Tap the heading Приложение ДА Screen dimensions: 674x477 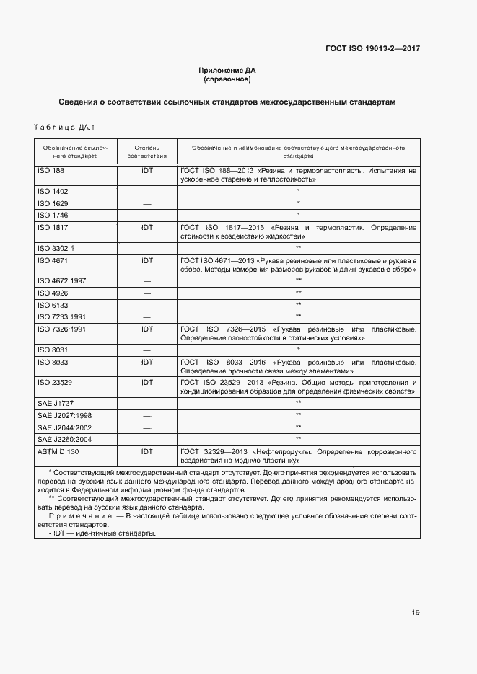pyautogui.click(x=227, y=70)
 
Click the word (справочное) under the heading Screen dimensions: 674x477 pyautogui.click(x=227, y=79)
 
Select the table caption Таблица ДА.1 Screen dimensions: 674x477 pyautogui.click(x=64, y=128)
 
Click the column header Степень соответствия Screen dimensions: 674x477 pyautogui.click(x=147, y=151)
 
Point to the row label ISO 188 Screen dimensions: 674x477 pyautogui.click(x=50, y=172)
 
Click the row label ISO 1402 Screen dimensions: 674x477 pyautogui.click(x=52, y=192)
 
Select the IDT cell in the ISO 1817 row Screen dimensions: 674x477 pyautogui.click(x=147, y=227)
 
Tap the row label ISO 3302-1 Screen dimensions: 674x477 pyautogui.click(x=56, y=248)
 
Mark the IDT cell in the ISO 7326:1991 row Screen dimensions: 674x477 pyautogui.click(x=147, y=329)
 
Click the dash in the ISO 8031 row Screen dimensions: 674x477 pyautogui.click(x=147, y=350)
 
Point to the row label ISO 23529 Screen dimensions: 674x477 pyautogui.click(x=54, y=383)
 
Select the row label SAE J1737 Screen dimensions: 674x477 pyautogui.click(x=55, y=404)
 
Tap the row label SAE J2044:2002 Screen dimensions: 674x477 pyautogui.click(x=64, y=427)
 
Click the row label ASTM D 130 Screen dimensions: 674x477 pyautogui.click(x=57, y=451)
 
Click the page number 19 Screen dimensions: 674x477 pyautogui.click(x=416, y=613)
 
